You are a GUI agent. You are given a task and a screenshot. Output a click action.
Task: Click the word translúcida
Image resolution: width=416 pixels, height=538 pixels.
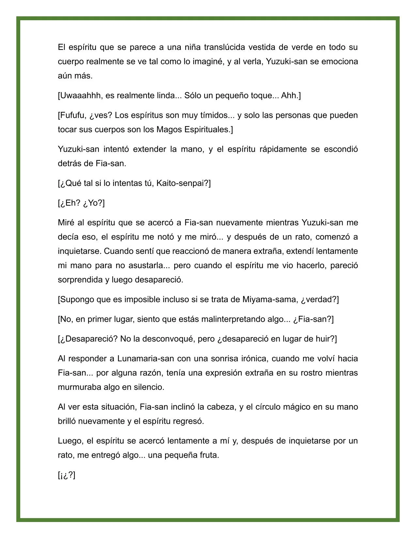pyautogui.click(x=224, y=47)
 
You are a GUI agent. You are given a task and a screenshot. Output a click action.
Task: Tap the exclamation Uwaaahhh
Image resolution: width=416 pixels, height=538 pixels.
pyautogui.click(x=79, y=96)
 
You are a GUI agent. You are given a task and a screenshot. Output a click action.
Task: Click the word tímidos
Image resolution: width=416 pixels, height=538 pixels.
pyautogui.click(x=214, y=115)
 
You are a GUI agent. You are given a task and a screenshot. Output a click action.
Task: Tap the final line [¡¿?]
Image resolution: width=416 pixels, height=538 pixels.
pyautogui.click(x=67, y=475)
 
